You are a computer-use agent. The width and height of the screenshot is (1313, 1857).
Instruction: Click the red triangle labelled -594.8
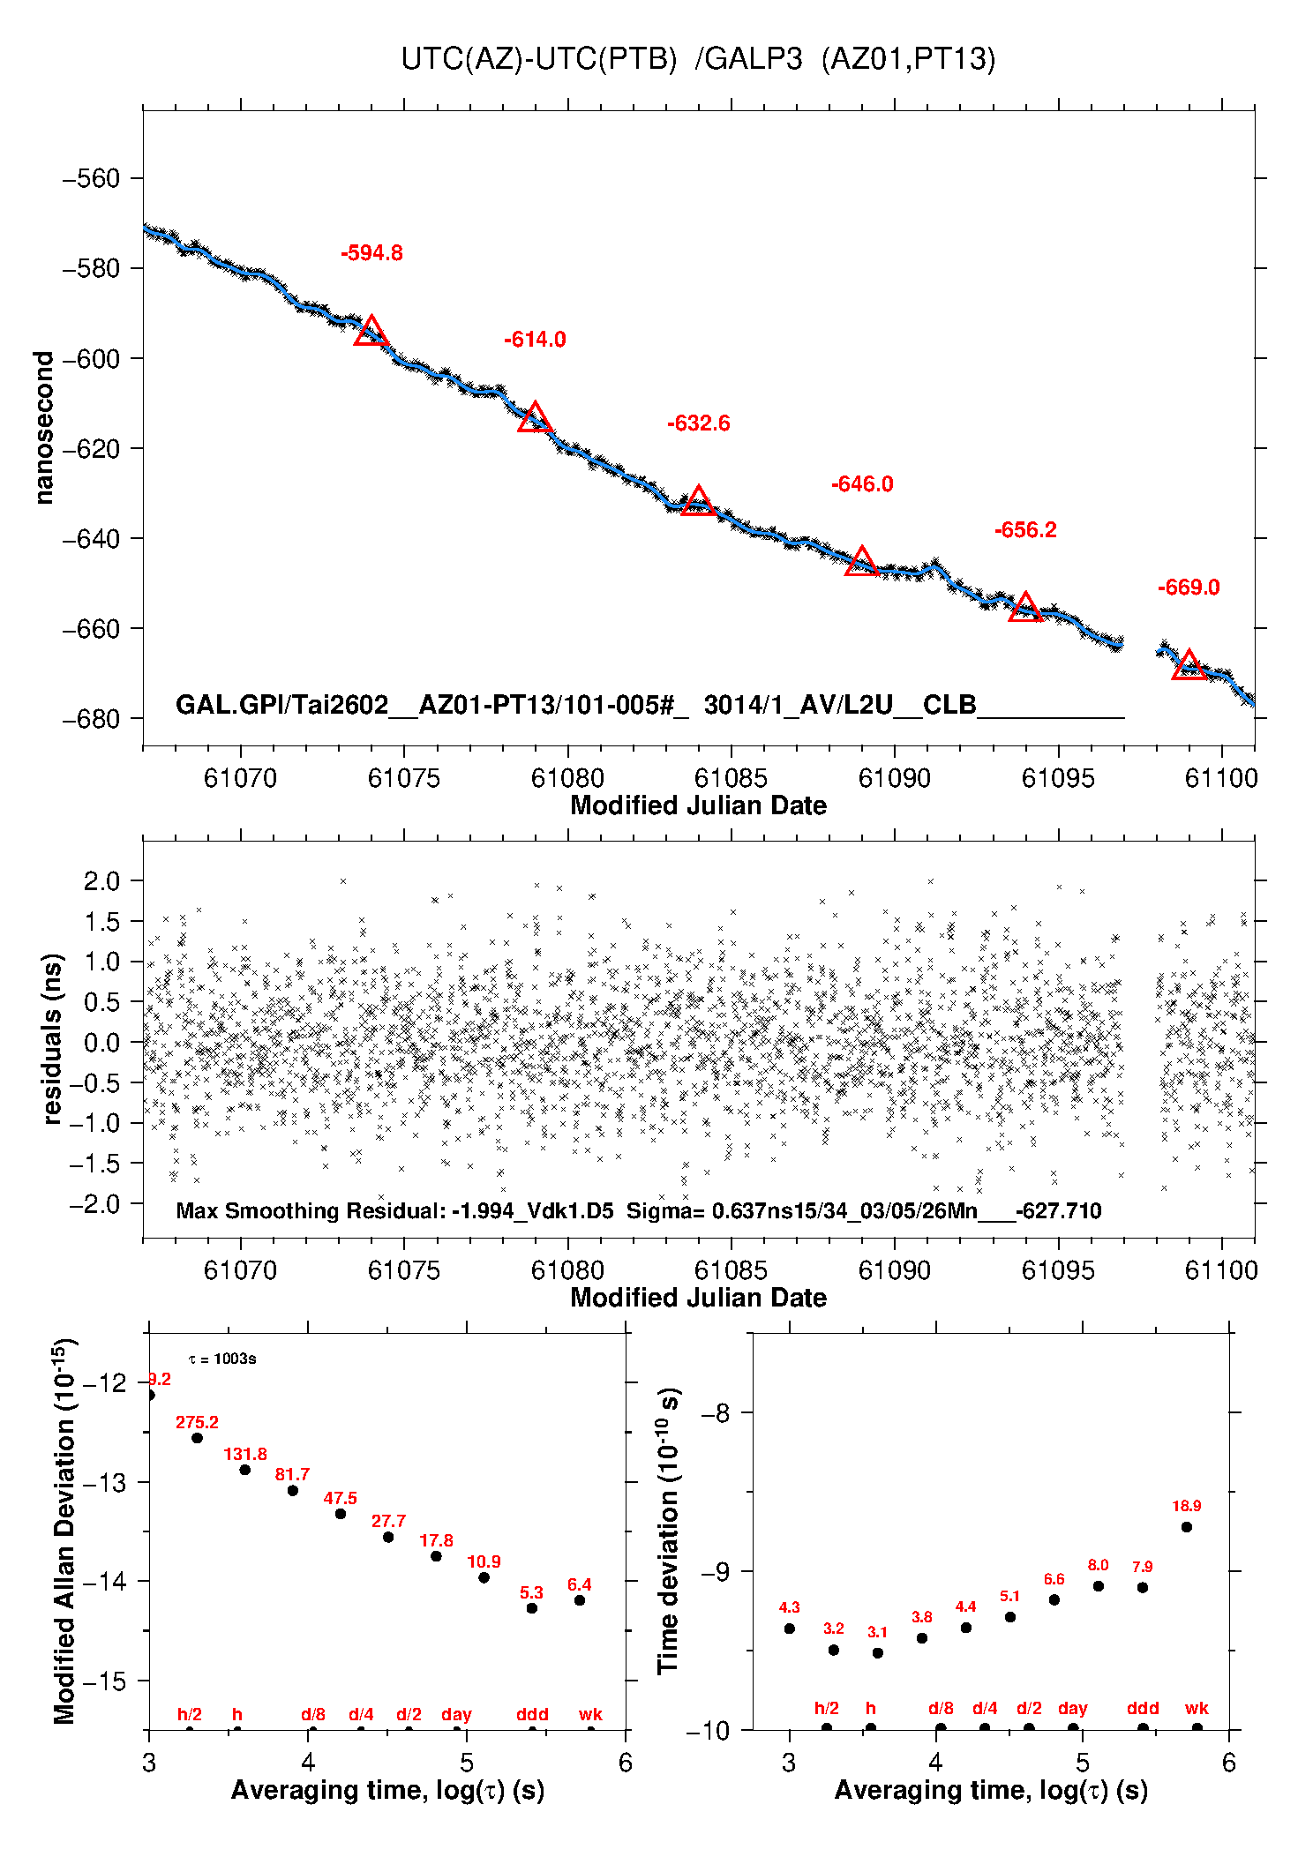(371, 332)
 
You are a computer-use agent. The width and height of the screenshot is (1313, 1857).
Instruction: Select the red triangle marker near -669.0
(1189, 665)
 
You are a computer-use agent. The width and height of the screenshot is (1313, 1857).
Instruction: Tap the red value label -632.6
(698, 423)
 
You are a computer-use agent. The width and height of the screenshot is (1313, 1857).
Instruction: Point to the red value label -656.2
(1024, 530)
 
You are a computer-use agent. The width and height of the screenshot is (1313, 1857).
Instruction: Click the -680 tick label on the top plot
(91, 719)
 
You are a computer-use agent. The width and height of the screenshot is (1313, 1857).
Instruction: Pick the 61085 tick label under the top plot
(731, 778)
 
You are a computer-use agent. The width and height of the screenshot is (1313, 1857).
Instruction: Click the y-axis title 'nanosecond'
(43, 428)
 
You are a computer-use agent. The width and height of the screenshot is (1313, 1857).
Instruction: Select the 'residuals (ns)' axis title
(52, 1038)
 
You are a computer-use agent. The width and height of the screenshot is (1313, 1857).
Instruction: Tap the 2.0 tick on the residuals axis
(101, 880)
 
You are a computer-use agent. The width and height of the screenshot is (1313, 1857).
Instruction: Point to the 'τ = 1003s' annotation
(222, 1359)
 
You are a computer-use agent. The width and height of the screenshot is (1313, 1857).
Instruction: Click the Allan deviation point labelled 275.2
(197, 1438)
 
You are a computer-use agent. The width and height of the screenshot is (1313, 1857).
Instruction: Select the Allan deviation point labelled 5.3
(531, 1608)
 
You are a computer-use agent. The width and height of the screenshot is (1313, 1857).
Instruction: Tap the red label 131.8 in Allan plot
(244, 1455)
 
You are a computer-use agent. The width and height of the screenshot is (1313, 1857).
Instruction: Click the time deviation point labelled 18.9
(1186, 1527)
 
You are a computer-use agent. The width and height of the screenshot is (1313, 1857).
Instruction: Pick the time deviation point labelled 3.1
(877, 1653)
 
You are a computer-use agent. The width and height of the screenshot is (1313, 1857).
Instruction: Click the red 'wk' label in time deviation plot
(1197, 1709)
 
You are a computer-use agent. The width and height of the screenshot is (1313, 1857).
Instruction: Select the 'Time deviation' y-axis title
(669, 1531)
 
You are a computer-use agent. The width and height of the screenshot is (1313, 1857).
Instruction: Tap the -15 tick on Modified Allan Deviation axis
(102, 1681)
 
